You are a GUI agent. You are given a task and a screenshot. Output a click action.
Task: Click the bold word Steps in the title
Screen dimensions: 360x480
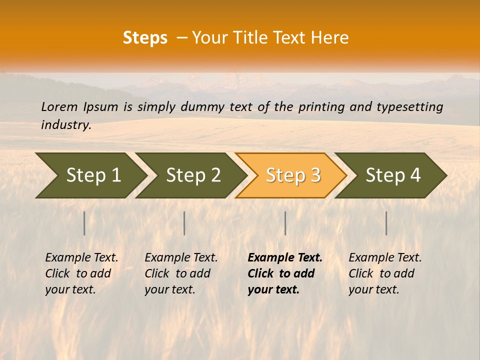click(x=145, y=38)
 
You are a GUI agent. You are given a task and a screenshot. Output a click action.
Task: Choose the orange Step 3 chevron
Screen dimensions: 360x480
click(x=291, y=175)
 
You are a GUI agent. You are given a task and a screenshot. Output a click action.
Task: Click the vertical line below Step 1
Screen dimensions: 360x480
click(x=84, y=223)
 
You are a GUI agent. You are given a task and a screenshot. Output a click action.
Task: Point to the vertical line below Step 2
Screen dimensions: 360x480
click(x=184, y=223)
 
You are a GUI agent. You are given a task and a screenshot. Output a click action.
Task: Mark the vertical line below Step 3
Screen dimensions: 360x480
click(x=285, y=223)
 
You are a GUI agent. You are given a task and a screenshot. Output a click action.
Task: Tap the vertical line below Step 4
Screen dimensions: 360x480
click(x=386, y=223)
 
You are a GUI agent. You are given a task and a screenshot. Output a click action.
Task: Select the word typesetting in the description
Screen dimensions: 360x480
click(x=409, y=107)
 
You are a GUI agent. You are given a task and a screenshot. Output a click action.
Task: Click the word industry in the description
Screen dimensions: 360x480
click(x=65, y=125)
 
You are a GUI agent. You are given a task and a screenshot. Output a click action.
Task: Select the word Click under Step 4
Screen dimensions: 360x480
click(x=361, y=274)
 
